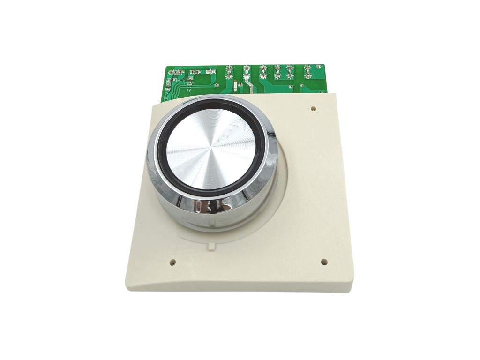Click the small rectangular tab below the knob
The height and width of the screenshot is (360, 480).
(211, 245)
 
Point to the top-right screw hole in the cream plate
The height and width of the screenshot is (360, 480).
(313, 109)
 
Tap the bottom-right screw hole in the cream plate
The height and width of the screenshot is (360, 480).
(323, 262)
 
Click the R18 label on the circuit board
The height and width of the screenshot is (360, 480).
(180, 80)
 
